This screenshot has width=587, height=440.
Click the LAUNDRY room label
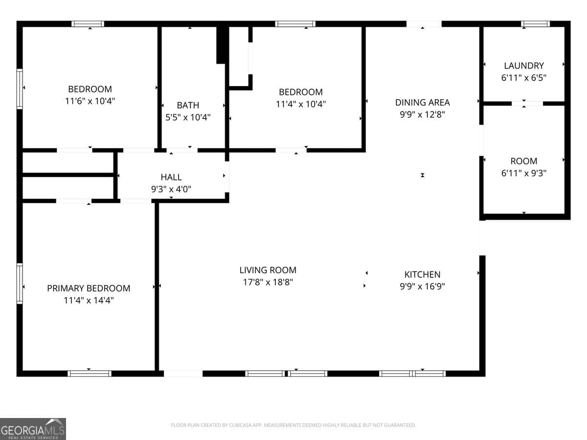coord(524,66)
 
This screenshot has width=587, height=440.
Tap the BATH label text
coord(188,105)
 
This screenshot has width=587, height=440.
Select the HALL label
coord(171,177)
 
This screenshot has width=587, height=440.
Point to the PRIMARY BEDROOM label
coord(89,288)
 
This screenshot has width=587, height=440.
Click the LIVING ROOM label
coord(268,270)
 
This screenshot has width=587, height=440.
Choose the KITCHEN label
coord(422,275)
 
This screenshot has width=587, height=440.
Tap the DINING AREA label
coord(422,102)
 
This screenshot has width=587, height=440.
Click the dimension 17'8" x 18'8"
coord(268,282)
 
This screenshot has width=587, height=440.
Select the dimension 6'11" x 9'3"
coord(524,173)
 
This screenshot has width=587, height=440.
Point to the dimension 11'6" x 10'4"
coord(90,101)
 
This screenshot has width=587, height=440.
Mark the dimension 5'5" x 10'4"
coord(188,117)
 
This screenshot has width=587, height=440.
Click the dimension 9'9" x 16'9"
coord(422,286)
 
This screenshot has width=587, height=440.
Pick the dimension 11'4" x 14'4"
coord(89,300)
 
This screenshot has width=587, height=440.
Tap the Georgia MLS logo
coord(33,429)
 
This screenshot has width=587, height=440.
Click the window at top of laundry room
coord(535,23)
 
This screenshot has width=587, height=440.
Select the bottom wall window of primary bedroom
coord(90,374)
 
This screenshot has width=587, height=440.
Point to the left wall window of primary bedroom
coord(20,284)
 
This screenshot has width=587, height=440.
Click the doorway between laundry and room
coord(527,103)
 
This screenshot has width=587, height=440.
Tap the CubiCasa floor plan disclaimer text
coord(293,425)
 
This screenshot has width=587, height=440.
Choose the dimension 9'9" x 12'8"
coord(422,114)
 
